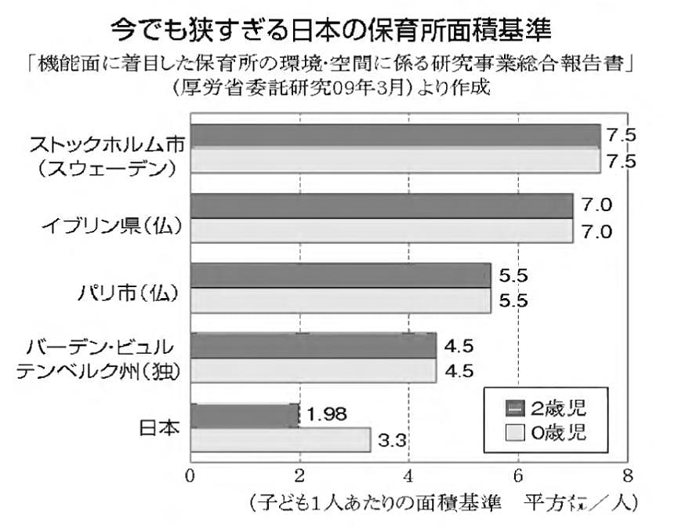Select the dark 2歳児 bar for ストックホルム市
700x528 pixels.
tap(394, 136)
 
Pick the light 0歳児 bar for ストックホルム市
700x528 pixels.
tap(394, 160)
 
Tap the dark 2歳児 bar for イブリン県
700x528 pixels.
tap(381, 206)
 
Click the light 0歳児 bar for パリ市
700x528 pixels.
tap(340, 300)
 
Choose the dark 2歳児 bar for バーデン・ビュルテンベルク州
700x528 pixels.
tap(313, 345)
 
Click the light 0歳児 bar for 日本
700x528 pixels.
tap(280, 439)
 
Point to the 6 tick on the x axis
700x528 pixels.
tap(517, 475)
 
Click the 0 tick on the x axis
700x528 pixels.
tap(190, 475)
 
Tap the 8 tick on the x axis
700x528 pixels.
tap(626, 475)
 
